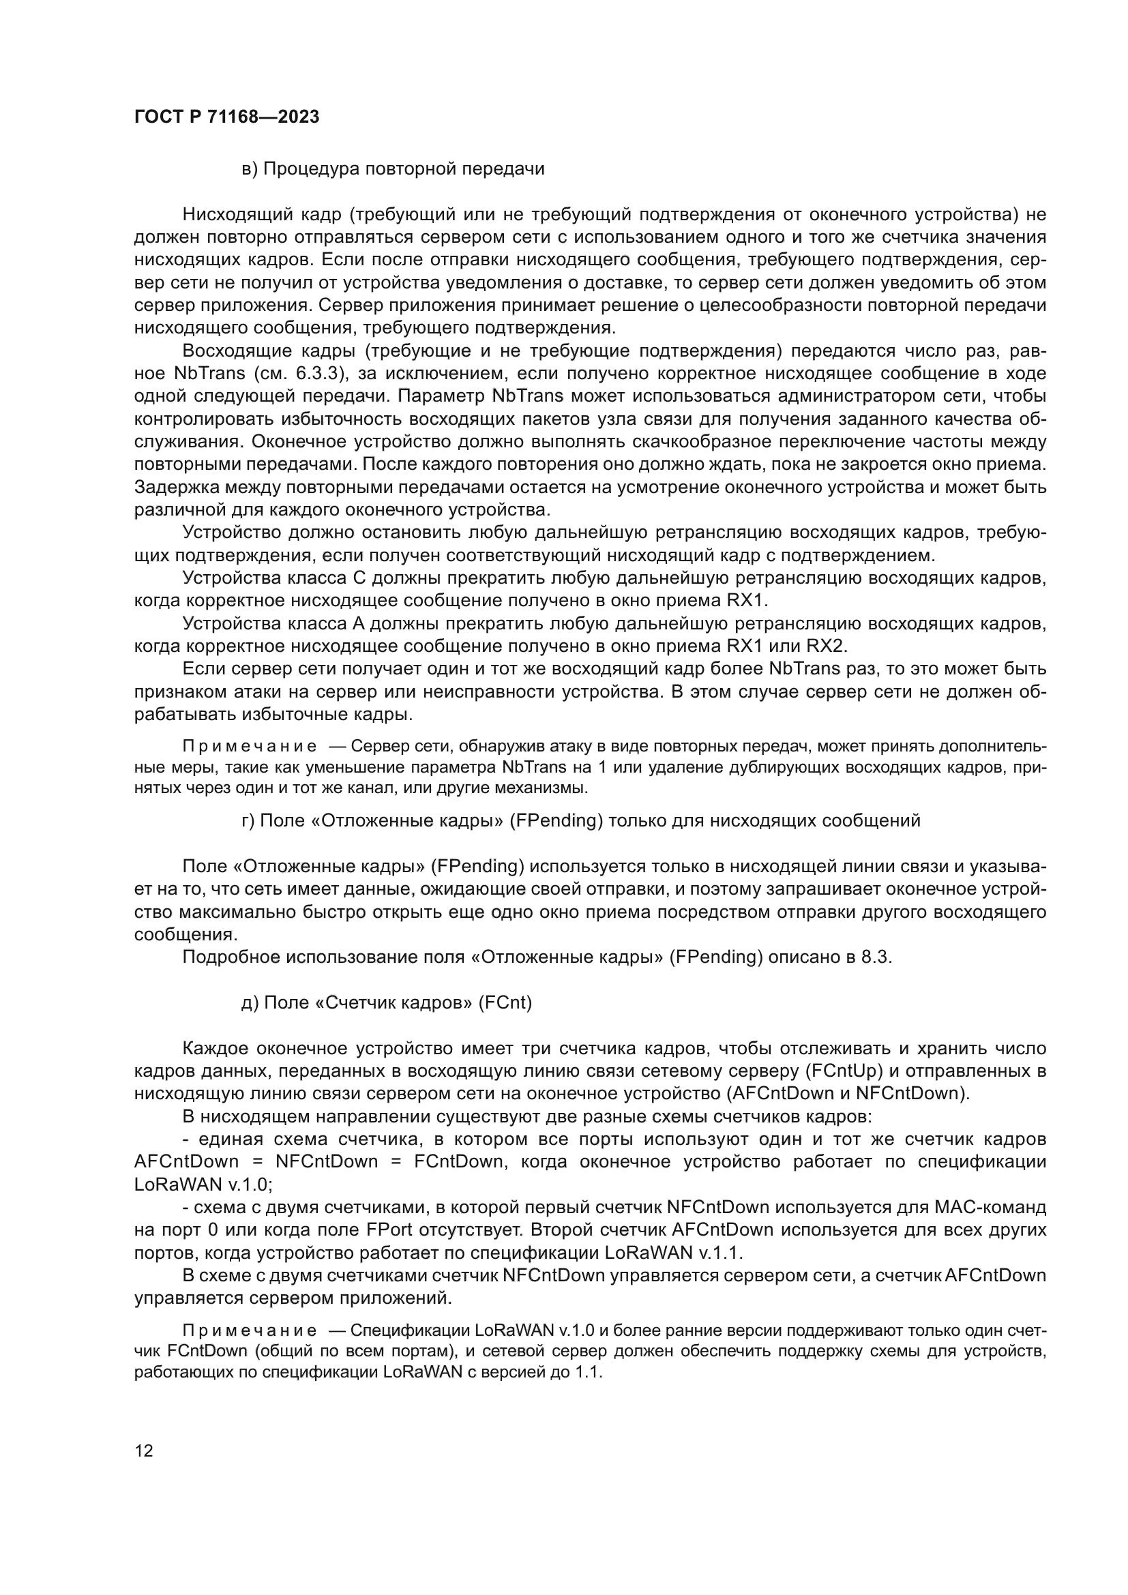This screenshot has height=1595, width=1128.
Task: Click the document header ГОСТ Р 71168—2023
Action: coord(226,117)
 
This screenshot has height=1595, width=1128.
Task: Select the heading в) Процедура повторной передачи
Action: coord(393,169)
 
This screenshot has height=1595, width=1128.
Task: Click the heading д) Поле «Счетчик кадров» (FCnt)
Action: coord(386,1003)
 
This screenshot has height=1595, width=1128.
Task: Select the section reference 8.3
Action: coord(876,957)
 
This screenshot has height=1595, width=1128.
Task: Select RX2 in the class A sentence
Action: coord(826,646)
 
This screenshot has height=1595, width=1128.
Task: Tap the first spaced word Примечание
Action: coord(250,747)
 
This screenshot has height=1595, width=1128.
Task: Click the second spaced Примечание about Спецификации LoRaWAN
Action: coord(250,1331)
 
